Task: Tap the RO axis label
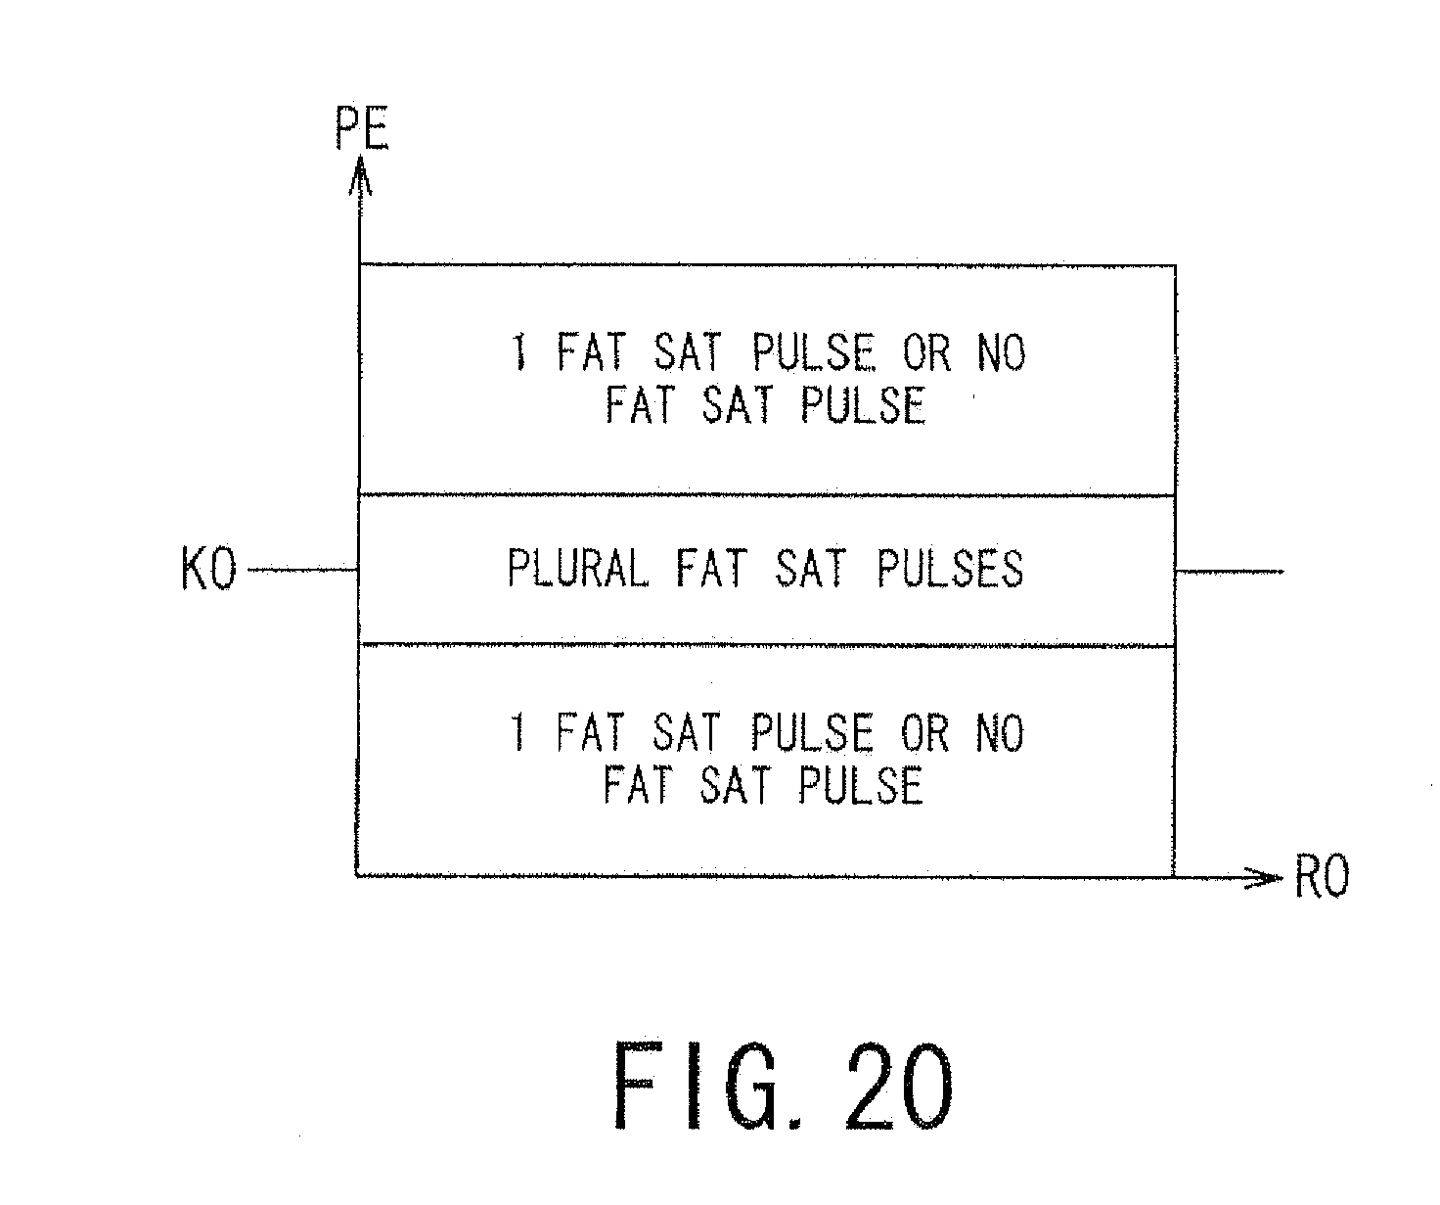[x=1322, y=878]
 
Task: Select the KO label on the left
[x=208, y=571]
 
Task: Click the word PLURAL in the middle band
[x=578, y=569]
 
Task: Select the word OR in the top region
[x=926, y=352]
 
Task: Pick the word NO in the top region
[x=1000, y=352]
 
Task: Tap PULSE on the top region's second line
[x=861, y=404]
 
